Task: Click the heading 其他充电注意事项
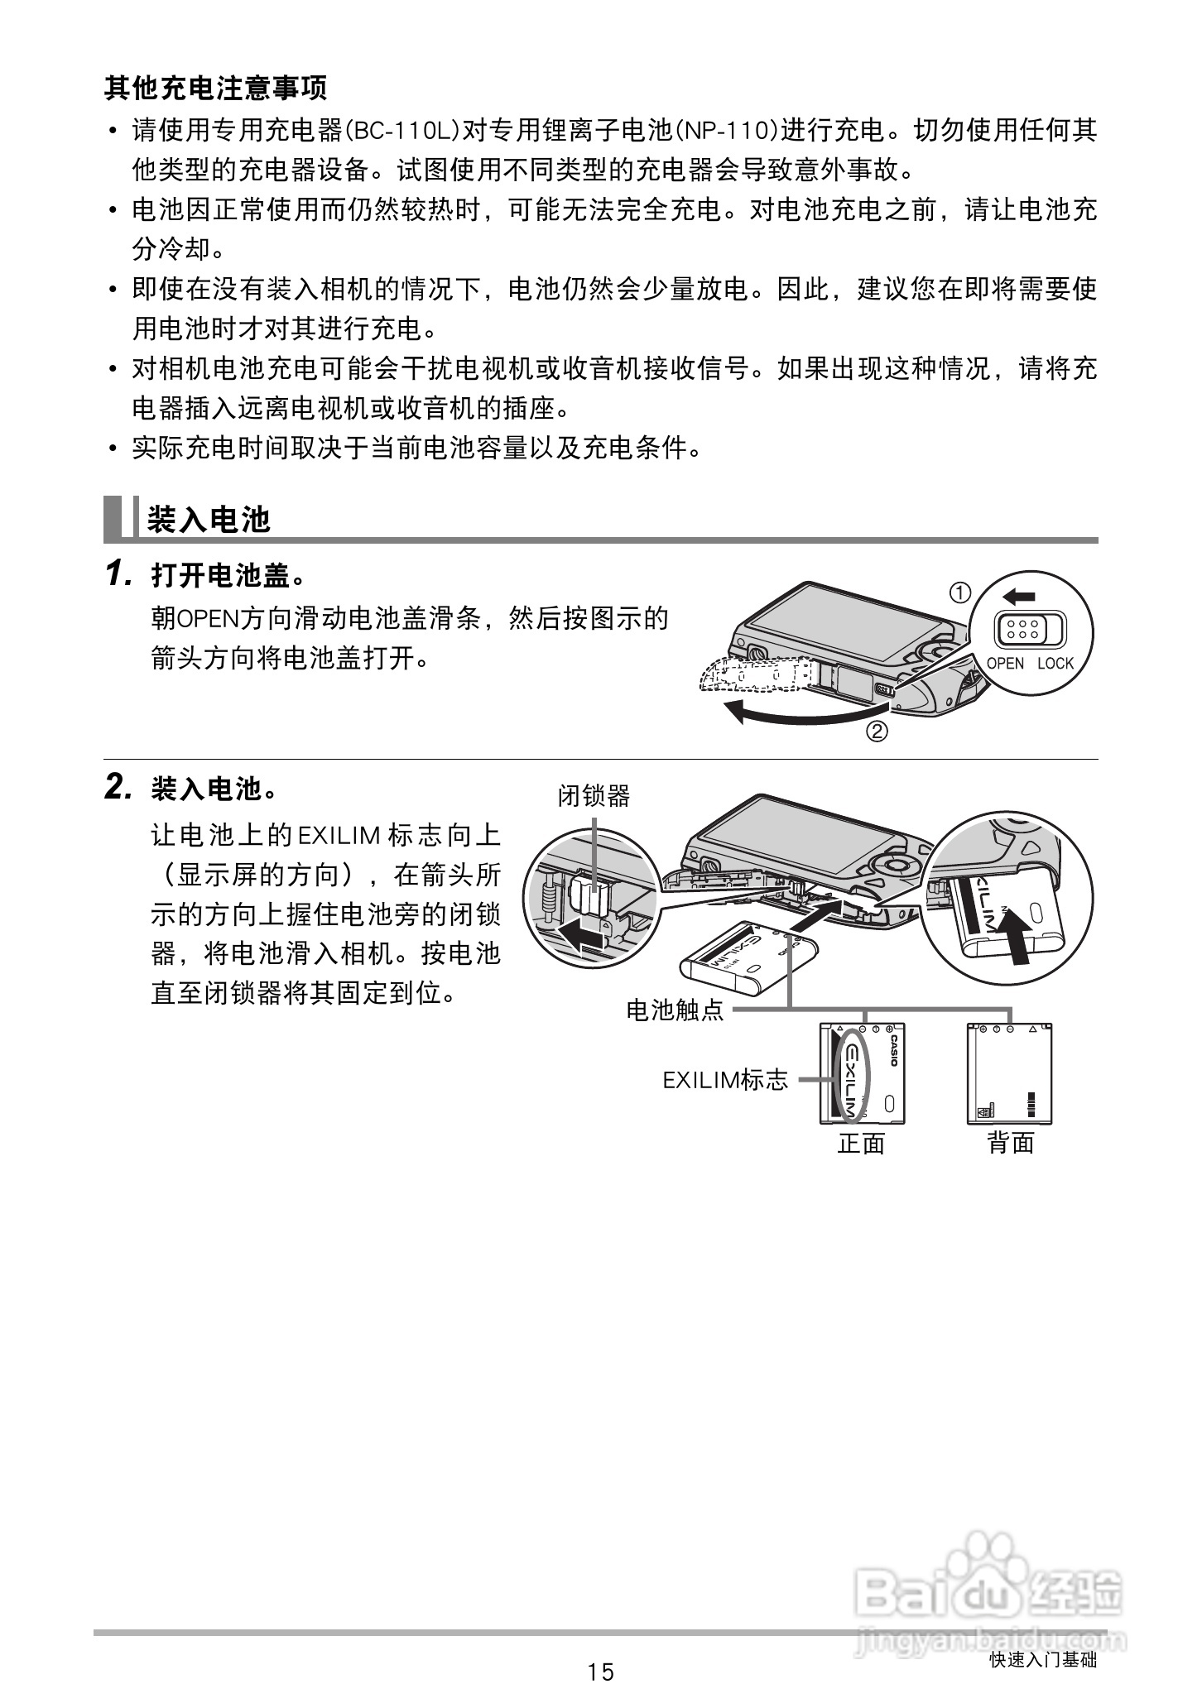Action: [x=215, y=88]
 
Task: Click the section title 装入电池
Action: [x=209, y=520]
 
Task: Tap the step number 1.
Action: [x=118, y=573]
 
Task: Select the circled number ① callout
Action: [x=959, y=593]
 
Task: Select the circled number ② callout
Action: [x=877, y=732]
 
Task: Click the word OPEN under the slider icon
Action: [x=1005, y=663]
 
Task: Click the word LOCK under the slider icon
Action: [x=1055, y=663]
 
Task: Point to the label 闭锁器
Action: [x=594, y=796]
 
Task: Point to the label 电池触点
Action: [x=675, y=1010]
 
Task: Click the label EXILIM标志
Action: [x=725, y=1080]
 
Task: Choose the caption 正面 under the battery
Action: [x=861, y=1144]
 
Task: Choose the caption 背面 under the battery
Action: [x=1010, y=1144]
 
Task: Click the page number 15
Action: [x=601, y=1672]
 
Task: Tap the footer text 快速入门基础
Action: [x=1043, y=1659]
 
